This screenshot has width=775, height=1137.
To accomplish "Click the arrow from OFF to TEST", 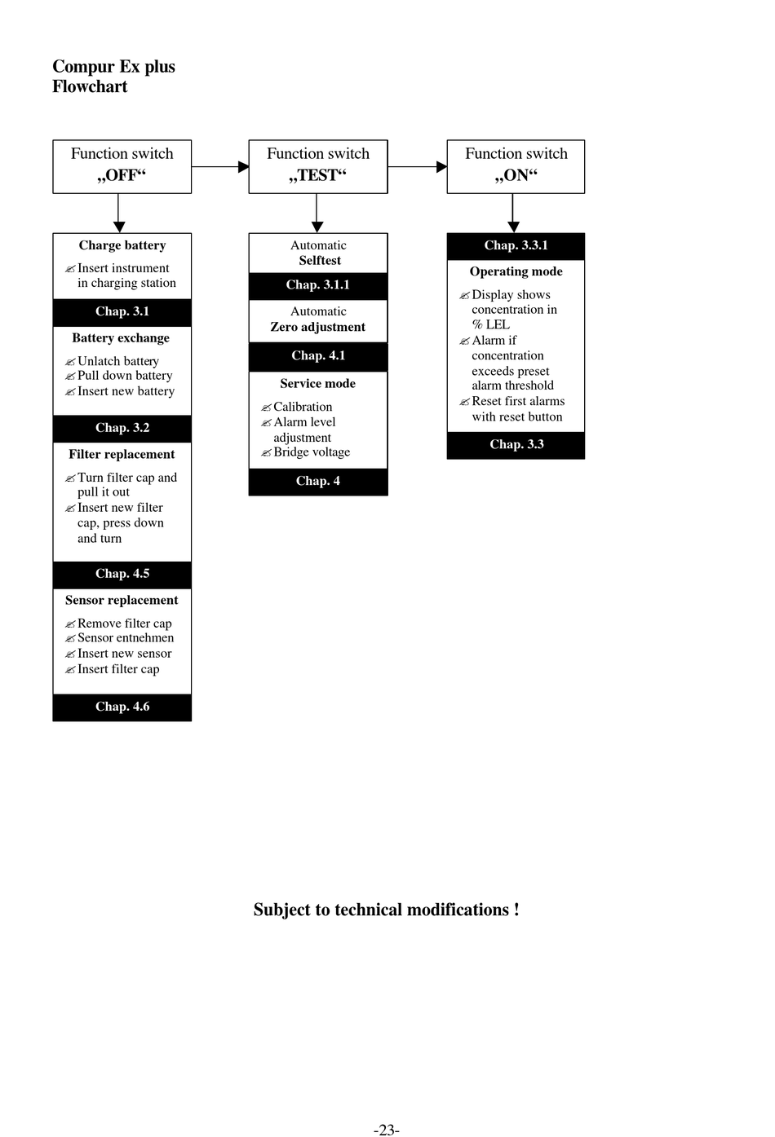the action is coord(220,166).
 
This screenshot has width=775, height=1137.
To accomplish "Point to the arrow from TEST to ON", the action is coord(417,166).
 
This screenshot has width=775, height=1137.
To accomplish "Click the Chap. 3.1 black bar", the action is coord(122,312).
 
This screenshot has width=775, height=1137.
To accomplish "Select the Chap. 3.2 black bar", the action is coord(122,429).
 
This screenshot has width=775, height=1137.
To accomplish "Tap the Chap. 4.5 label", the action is coord(122,574).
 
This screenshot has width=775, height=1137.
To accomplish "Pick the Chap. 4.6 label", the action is coord(122,707).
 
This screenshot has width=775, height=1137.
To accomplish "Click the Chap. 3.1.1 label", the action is coord(318,284).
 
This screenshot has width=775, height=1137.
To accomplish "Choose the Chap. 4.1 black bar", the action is coord(318,356).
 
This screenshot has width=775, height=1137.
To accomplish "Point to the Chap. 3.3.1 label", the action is coord(516,245).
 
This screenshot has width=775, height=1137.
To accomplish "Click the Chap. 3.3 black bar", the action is coord(516,445).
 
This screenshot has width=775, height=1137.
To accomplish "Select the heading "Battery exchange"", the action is coord(121,338).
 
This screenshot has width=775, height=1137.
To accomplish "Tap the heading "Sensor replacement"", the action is coord(122,601).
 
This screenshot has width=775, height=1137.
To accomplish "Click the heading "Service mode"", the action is coord(317,384).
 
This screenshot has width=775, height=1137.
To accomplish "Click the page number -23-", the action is coord(387,1130).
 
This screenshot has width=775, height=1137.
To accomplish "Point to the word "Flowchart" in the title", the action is coord(90,86).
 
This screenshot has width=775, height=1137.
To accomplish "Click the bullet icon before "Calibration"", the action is coord(266,408).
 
